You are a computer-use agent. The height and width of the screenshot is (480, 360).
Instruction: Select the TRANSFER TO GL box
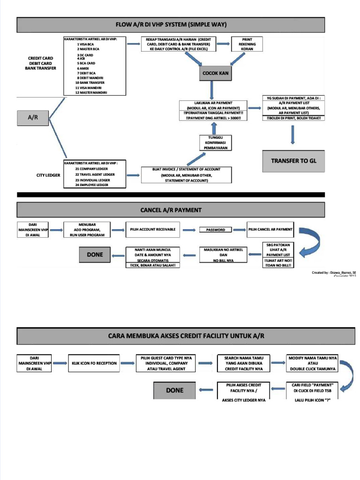pyautogui.click(x=293, y=160)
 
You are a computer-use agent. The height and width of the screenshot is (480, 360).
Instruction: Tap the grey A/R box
pyautogui.click(x=33, y=119)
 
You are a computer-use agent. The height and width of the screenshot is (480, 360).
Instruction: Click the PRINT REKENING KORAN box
pyautogui.click(x=247, y=44)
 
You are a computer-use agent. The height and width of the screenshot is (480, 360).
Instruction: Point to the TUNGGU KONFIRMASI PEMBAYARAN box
pyautogui.click(x=215, y=142)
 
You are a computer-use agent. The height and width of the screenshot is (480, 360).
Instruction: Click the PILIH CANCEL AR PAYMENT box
pyautogui.click(x=270, y=229)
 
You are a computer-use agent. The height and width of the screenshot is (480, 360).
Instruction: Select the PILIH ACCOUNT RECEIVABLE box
pyautogui.click(x=153, y=229)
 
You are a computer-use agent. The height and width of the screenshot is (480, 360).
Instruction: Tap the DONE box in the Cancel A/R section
pyautogui.click(x=95, y=254)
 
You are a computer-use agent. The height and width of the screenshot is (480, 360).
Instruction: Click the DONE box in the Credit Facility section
pyautogui.click(x=174, y=390)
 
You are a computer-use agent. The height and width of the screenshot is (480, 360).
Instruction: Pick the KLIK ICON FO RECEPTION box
pyautogui.click(x=94, y=363)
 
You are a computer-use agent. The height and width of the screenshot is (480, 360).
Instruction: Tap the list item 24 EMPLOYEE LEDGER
pyautogui.click(x=91, y=185)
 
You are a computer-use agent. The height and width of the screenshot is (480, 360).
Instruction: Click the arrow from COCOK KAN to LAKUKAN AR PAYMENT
pyautogui.click(x=212, y=90)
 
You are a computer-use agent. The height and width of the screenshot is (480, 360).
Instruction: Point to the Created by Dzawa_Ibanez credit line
pyautogui.click(x=334, y=272)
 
